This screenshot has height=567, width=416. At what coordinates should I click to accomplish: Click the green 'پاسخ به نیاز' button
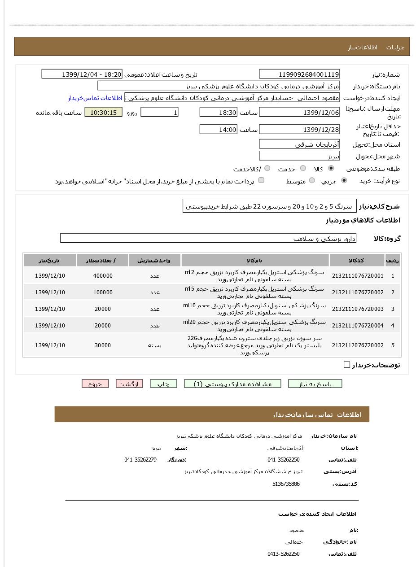(315, 384)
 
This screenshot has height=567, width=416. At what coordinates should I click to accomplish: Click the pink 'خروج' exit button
(95, 384)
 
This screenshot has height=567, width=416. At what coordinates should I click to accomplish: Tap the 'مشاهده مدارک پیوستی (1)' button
(232, 384)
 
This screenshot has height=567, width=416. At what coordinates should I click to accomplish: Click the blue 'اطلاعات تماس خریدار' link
(95, 98)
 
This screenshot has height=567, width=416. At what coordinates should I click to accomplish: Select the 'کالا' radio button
(331, 169)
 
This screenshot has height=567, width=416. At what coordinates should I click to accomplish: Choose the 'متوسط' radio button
(312, 181)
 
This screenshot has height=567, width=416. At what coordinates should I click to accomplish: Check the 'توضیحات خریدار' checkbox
(347, 365)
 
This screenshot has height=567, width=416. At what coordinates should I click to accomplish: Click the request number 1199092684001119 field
(299, 74)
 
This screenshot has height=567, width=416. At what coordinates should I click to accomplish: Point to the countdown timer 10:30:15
(103, 113)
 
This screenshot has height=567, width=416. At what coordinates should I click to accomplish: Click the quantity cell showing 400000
(103, 276)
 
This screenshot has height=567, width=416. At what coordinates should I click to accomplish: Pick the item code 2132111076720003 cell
(358, 309)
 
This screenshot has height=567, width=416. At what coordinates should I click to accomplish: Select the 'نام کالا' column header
(255, 261)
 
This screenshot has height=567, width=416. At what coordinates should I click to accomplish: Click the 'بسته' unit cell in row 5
(155, 345)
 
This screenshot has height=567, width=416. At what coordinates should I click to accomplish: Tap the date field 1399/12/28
(299, 130)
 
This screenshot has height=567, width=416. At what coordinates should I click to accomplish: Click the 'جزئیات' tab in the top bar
(395, 47)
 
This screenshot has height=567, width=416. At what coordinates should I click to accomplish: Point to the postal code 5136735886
(286, 484)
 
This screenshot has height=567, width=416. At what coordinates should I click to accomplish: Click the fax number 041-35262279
(140, 460)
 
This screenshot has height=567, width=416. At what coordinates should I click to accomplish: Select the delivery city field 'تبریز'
(299, 156)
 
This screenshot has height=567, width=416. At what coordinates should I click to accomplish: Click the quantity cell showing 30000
(103, 345)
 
